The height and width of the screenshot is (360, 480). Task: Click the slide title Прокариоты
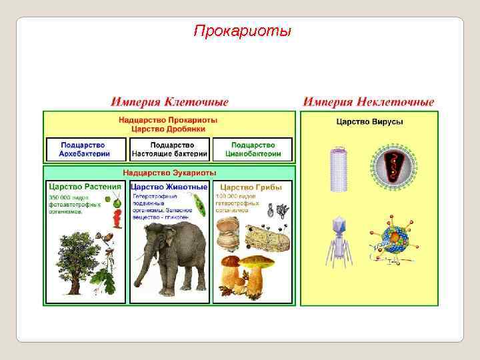pyautogui.click(x=242, y=31)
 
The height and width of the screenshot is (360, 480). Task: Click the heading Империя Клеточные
pyautogui.click(x=169, y=102)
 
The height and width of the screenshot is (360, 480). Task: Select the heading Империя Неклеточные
pyautogui.click(x=369, y=102)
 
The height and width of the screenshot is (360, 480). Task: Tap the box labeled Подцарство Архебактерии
pyautogui.click(x=85, y=149)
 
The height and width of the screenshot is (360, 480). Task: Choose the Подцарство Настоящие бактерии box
pyautogui.click(x=169, y=149)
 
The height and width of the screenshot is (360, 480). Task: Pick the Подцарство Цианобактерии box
pyautogui.click(x=253, y=149)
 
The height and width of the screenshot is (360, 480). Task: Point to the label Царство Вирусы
pyautogui.click(x=369, y=122)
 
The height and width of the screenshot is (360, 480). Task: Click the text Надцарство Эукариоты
pyautogui.click(x=169, y=173)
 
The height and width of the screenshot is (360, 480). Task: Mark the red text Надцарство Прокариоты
pyautogui.click(x=168, y=120)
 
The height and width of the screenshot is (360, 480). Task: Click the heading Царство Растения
pyautogui.click(x=85, y=187)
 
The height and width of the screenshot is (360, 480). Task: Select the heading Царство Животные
pyautogui.click(x=169, y=187)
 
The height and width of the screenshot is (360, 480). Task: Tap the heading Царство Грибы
pyautogui.click(x=251, y=187)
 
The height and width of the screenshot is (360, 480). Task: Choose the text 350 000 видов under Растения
pyautogui.click(x=67, y=197)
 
